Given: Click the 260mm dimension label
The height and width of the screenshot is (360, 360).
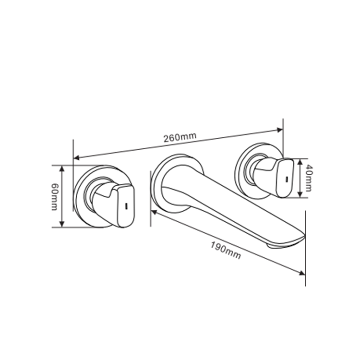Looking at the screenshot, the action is click(180, 137).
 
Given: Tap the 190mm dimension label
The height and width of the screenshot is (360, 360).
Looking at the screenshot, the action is click(226, 251).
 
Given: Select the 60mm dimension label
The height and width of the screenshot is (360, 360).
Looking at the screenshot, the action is click(54, 197).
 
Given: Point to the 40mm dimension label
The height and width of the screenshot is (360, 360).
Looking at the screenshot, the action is click(308, 178).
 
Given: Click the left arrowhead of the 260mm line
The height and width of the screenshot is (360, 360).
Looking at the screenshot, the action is click(76, 157).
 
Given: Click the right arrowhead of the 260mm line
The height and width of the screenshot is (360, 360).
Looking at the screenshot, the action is click(280, 130).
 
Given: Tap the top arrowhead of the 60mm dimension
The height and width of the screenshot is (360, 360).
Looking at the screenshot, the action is click(62, 168).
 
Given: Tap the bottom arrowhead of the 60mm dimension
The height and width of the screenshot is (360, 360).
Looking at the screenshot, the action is click(62, 224).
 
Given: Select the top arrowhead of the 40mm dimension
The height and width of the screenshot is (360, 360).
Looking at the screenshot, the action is click(300, 161).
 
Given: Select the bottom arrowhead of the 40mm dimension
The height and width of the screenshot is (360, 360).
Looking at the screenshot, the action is click(300, 194).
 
